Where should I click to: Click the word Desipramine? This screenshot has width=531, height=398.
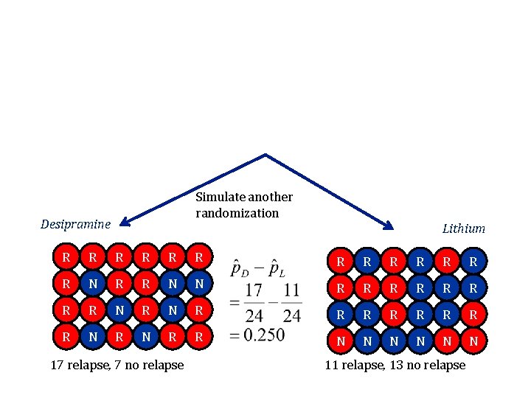76,224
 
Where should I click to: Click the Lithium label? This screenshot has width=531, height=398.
463,228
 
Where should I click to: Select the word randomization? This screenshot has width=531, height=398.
237,213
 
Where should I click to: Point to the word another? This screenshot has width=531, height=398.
270,198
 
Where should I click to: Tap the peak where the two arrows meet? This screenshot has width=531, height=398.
265,156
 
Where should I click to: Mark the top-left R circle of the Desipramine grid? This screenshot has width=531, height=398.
67,259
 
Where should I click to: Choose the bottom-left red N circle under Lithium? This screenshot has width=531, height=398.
340,342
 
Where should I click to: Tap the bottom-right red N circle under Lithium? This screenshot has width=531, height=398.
473,342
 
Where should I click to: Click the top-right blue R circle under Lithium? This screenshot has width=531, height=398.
473,262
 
